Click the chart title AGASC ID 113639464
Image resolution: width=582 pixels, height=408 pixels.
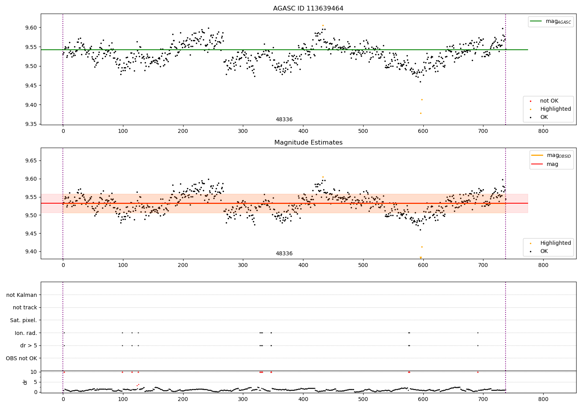308,9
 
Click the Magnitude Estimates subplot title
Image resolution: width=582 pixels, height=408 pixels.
308,143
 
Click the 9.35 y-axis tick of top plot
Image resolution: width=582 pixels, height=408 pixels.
31,124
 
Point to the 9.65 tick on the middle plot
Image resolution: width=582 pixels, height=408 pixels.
31,161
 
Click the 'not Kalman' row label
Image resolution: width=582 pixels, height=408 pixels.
22,295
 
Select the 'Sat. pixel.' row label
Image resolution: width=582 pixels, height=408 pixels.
23,321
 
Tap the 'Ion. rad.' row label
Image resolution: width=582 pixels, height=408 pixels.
26,333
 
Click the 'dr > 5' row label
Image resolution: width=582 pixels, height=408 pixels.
28,345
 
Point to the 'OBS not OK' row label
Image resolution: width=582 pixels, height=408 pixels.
21,358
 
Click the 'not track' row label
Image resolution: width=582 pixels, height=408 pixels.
25,308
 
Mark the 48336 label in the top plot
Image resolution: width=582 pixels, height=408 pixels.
284,120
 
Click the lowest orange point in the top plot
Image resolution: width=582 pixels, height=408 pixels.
421,113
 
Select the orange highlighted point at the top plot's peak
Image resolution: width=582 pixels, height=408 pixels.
323,25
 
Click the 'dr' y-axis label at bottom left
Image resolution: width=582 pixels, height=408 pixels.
25,382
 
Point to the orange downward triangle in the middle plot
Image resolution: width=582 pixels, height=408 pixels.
421,258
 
